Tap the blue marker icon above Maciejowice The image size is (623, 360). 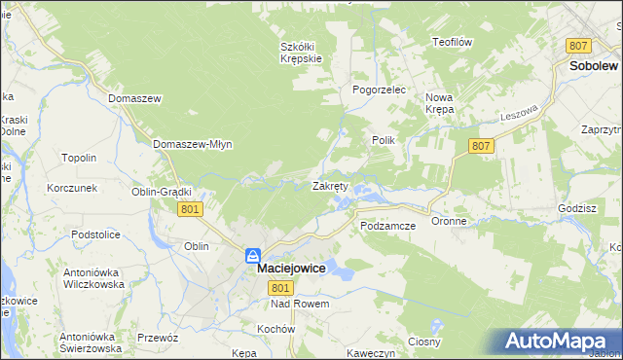click(252, 256)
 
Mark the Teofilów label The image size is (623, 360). click(452, 42)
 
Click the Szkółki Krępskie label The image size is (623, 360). click(301, 52)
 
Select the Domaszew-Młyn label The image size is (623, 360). click(193, 144)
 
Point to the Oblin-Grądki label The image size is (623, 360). click(162, 192)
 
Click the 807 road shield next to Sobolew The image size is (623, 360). click(578, 46)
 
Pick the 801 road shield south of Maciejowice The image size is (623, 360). click(281, 287)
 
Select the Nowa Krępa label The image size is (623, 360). click(440, 103)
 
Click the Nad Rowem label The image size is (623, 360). click(301, 304)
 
